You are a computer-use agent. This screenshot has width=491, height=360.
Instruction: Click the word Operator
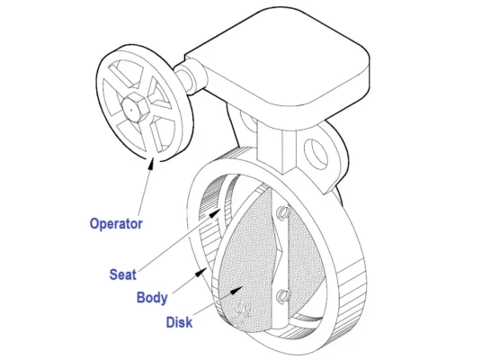click(x=116, y=224)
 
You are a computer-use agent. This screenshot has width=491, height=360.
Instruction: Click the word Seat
click(x=122, y=274)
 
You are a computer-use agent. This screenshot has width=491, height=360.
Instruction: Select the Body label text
click(x=152, y=297)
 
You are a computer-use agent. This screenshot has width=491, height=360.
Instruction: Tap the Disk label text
click(x=179, y=322)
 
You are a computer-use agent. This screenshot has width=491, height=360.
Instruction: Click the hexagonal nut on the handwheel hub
click(x=134, y=107)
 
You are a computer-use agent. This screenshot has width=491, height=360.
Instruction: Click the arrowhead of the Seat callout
click(x=215, y=213)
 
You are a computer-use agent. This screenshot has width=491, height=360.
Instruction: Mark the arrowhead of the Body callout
click(x=201, y=273)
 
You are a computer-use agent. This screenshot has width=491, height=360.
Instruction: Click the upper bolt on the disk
click(x=282, y=212)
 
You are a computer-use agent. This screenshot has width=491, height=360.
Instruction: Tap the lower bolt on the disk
click(x=282, y=295)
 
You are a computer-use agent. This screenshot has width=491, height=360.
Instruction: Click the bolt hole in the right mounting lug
click(x=316, y=154)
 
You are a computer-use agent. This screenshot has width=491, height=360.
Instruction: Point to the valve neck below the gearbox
click(x=276, y=148)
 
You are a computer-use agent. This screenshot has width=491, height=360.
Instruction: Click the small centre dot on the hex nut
click(x=131, y=110)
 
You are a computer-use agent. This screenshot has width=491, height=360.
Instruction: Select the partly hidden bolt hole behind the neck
click(x=248, y=120)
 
